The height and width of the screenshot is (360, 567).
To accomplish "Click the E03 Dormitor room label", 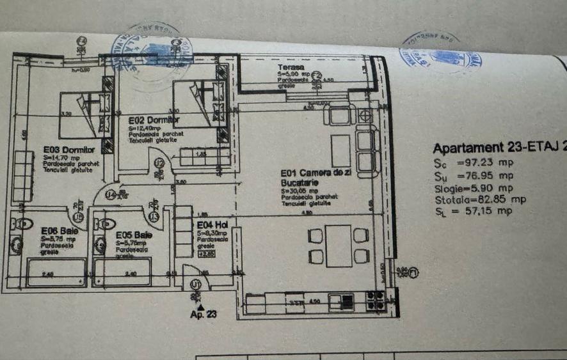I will (69, 150).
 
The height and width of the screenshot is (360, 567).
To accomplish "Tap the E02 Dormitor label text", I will (154, 120).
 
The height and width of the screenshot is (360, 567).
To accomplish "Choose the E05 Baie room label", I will (134, 235).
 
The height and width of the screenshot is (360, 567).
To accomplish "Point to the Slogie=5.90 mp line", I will (473, 187).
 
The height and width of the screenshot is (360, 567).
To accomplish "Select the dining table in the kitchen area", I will (338, 246).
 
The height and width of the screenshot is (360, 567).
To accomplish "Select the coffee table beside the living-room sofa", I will (340, 150).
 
